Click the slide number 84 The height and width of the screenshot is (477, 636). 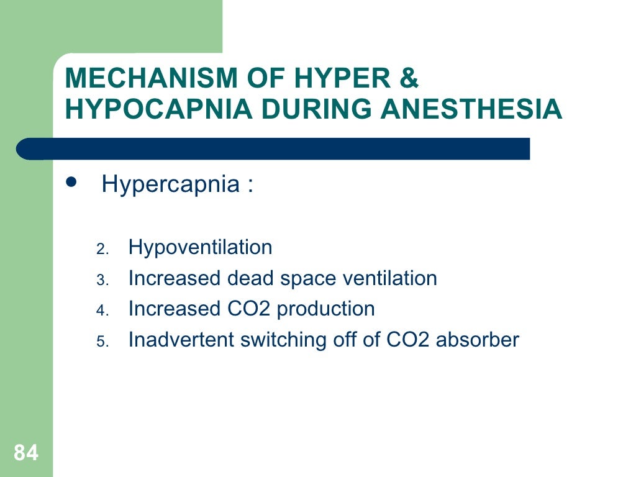point(25,453)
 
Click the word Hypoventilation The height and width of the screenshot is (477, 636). point(200,248)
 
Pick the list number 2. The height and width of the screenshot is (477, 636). point(102,250)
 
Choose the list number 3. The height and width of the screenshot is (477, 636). point(102,281)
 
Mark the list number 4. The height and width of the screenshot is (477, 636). point(102,311)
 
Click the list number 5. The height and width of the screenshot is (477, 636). point(102,342)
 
